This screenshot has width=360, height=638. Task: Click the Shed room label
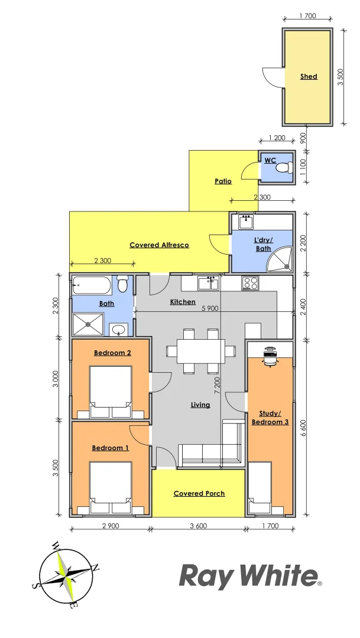coord(309,76)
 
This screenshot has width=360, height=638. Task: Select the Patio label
coord(223,181)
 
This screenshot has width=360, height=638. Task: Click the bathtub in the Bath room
coord(91,287)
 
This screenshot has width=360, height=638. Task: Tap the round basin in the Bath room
coord(118,328)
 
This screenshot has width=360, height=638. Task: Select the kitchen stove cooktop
coord(250,284)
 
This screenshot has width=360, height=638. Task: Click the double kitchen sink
coord(208,284)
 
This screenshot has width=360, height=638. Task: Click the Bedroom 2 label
coord(112,353)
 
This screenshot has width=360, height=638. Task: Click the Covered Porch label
coord(199,493)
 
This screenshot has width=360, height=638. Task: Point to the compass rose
coord(66,574)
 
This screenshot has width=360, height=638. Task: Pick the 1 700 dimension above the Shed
coord(307,17)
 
